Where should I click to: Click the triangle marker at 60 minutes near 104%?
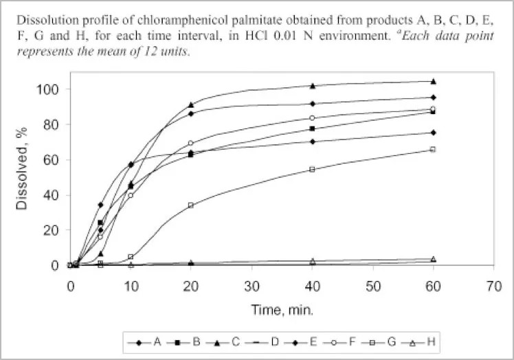432,81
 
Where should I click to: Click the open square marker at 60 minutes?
432,149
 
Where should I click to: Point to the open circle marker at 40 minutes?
312,118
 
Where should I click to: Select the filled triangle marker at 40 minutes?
312,86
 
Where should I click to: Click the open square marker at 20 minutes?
191,205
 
